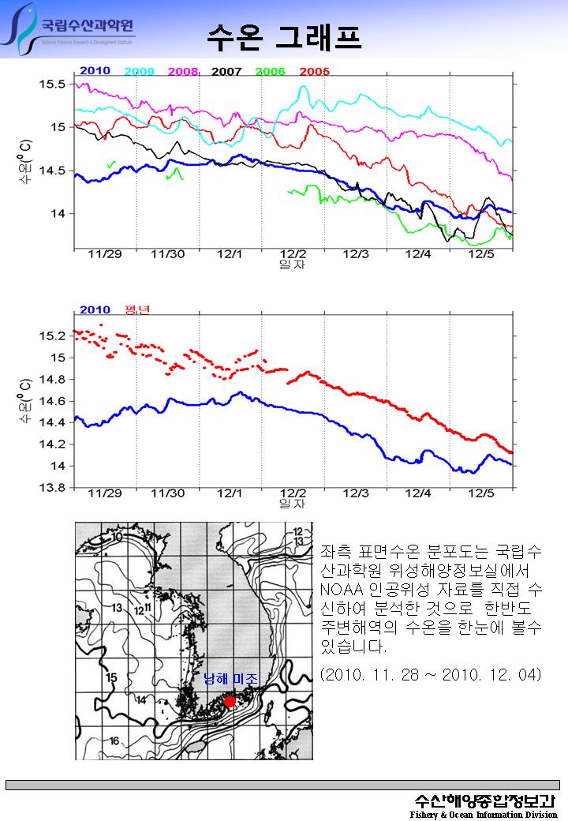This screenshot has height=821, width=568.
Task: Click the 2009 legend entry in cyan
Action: coord(139,72)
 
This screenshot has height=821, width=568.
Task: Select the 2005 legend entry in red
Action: coord(314,72)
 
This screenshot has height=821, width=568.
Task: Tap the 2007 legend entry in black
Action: coord(226,72)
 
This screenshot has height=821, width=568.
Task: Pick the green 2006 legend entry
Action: coord(270,72)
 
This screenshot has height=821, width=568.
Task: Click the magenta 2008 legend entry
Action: coord(183,72)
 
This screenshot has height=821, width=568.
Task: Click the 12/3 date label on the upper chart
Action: coord(356,254)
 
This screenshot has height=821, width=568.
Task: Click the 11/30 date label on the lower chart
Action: coord(167,493)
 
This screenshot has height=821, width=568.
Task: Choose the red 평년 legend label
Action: coord(137,309)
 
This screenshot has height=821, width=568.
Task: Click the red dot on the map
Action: coord(230,701)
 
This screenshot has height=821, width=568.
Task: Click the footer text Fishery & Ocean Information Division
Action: coord(483,814)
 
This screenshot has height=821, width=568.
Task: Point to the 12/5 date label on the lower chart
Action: coord(481,493)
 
